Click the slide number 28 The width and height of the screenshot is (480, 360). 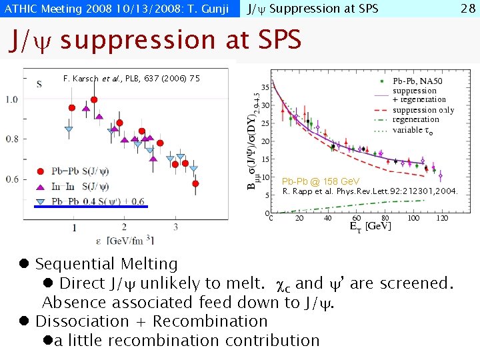pyautogui.click(x=467, y=9)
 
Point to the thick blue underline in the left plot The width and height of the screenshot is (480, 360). pyautogui.click(x=91, y=207)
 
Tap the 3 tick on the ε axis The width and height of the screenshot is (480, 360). pyautogui.click(x=175, y=228)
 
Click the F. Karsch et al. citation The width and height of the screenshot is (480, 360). pyautogui.click(x=131, y=79)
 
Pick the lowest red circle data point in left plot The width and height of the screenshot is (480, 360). pyautogui.click(x=195, y=183)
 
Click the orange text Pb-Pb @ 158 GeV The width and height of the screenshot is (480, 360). pyautogui.click(x=321, y=181)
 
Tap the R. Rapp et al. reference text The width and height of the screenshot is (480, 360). pyautogui.click(x=371, y=191)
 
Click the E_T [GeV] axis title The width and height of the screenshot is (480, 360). pyautogui.click(x=361, y=226)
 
